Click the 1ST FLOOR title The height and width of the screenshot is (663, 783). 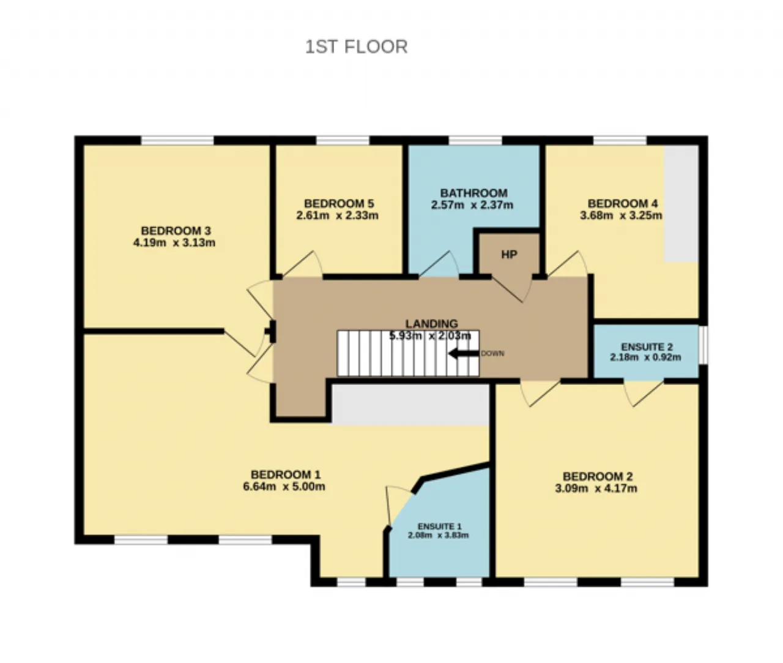[x=357, y=47]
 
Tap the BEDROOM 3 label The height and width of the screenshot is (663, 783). [x=176, y=230]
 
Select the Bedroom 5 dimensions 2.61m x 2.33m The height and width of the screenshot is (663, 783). [x=337, y=215]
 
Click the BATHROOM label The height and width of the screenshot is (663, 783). [x=473, y=193]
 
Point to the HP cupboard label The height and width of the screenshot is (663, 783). [x=509, y=254]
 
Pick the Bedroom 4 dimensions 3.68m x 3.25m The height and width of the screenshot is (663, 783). [x=621, y=215]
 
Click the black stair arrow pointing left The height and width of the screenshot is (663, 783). [x=464, y=353]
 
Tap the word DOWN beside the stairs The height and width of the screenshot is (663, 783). [x=492, y=353]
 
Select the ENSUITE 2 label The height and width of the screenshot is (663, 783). [x=647, y=347]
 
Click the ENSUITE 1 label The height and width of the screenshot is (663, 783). [x=439, y=526]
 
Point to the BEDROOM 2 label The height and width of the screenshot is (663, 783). [x=598, y=476]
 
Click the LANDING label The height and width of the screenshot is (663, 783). [x=432, y=324]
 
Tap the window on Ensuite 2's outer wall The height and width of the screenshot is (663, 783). [x=703, y=344]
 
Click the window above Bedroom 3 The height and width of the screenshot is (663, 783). [x=177, y=140]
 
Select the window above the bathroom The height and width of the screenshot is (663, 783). [x=475, y=140]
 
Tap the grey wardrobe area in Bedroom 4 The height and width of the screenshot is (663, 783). [x=681, y=204]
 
